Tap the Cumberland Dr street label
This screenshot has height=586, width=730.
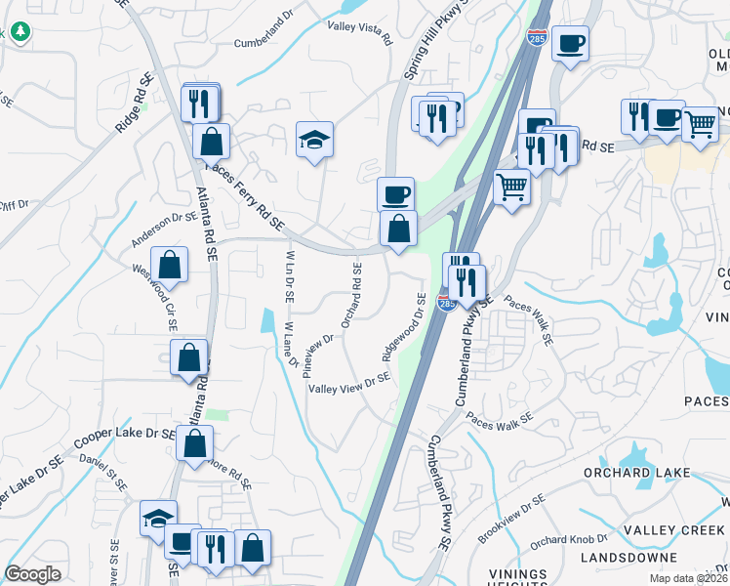pyautogui.click(x=264, y=42)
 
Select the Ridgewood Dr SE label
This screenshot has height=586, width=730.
pyautogui.click(x=404, y=328)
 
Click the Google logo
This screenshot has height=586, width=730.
pyautogui.click(x=33, y=574)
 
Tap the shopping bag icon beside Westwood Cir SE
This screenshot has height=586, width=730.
pyautogui.click(x=170, y=265)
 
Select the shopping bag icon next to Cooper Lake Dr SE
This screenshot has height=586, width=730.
pyautogui.click(x=195, y=443)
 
